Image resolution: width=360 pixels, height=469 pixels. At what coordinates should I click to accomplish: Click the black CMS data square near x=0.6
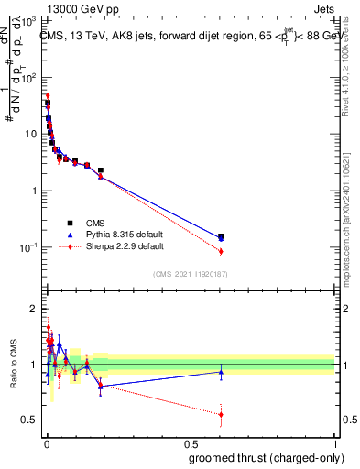coord(220,236)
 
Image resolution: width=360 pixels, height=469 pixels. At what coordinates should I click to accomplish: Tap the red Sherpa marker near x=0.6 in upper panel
coord(220,251)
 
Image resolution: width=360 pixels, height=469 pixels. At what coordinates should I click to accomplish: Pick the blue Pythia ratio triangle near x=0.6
coord(220,372)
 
